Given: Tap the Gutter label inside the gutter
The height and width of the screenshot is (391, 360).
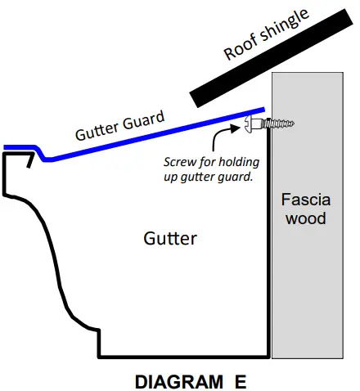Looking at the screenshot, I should (170, 238).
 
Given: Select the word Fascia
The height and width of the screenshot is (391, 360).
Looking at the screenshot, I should (304, 200).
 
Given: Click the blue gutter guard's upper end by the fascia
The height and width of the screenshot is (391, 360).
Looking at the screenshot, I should (262, 110).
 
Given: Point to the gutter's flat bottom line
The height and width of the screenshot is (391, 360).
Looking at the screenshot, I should (184, 356).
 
